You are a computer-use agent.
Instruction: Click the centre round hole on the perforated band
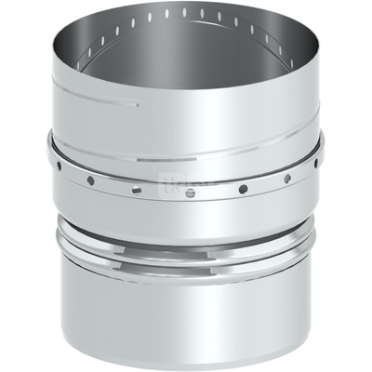point(190,193)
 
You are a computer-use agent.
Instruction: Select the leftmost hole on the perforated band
point(58,165)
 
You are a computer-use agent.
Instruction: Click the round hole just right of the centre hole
point(243,189)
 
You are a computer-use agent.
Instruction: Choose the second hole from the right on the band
point(286,178)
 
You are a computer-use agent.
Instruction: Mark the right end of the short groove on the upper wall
point(139,104)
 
